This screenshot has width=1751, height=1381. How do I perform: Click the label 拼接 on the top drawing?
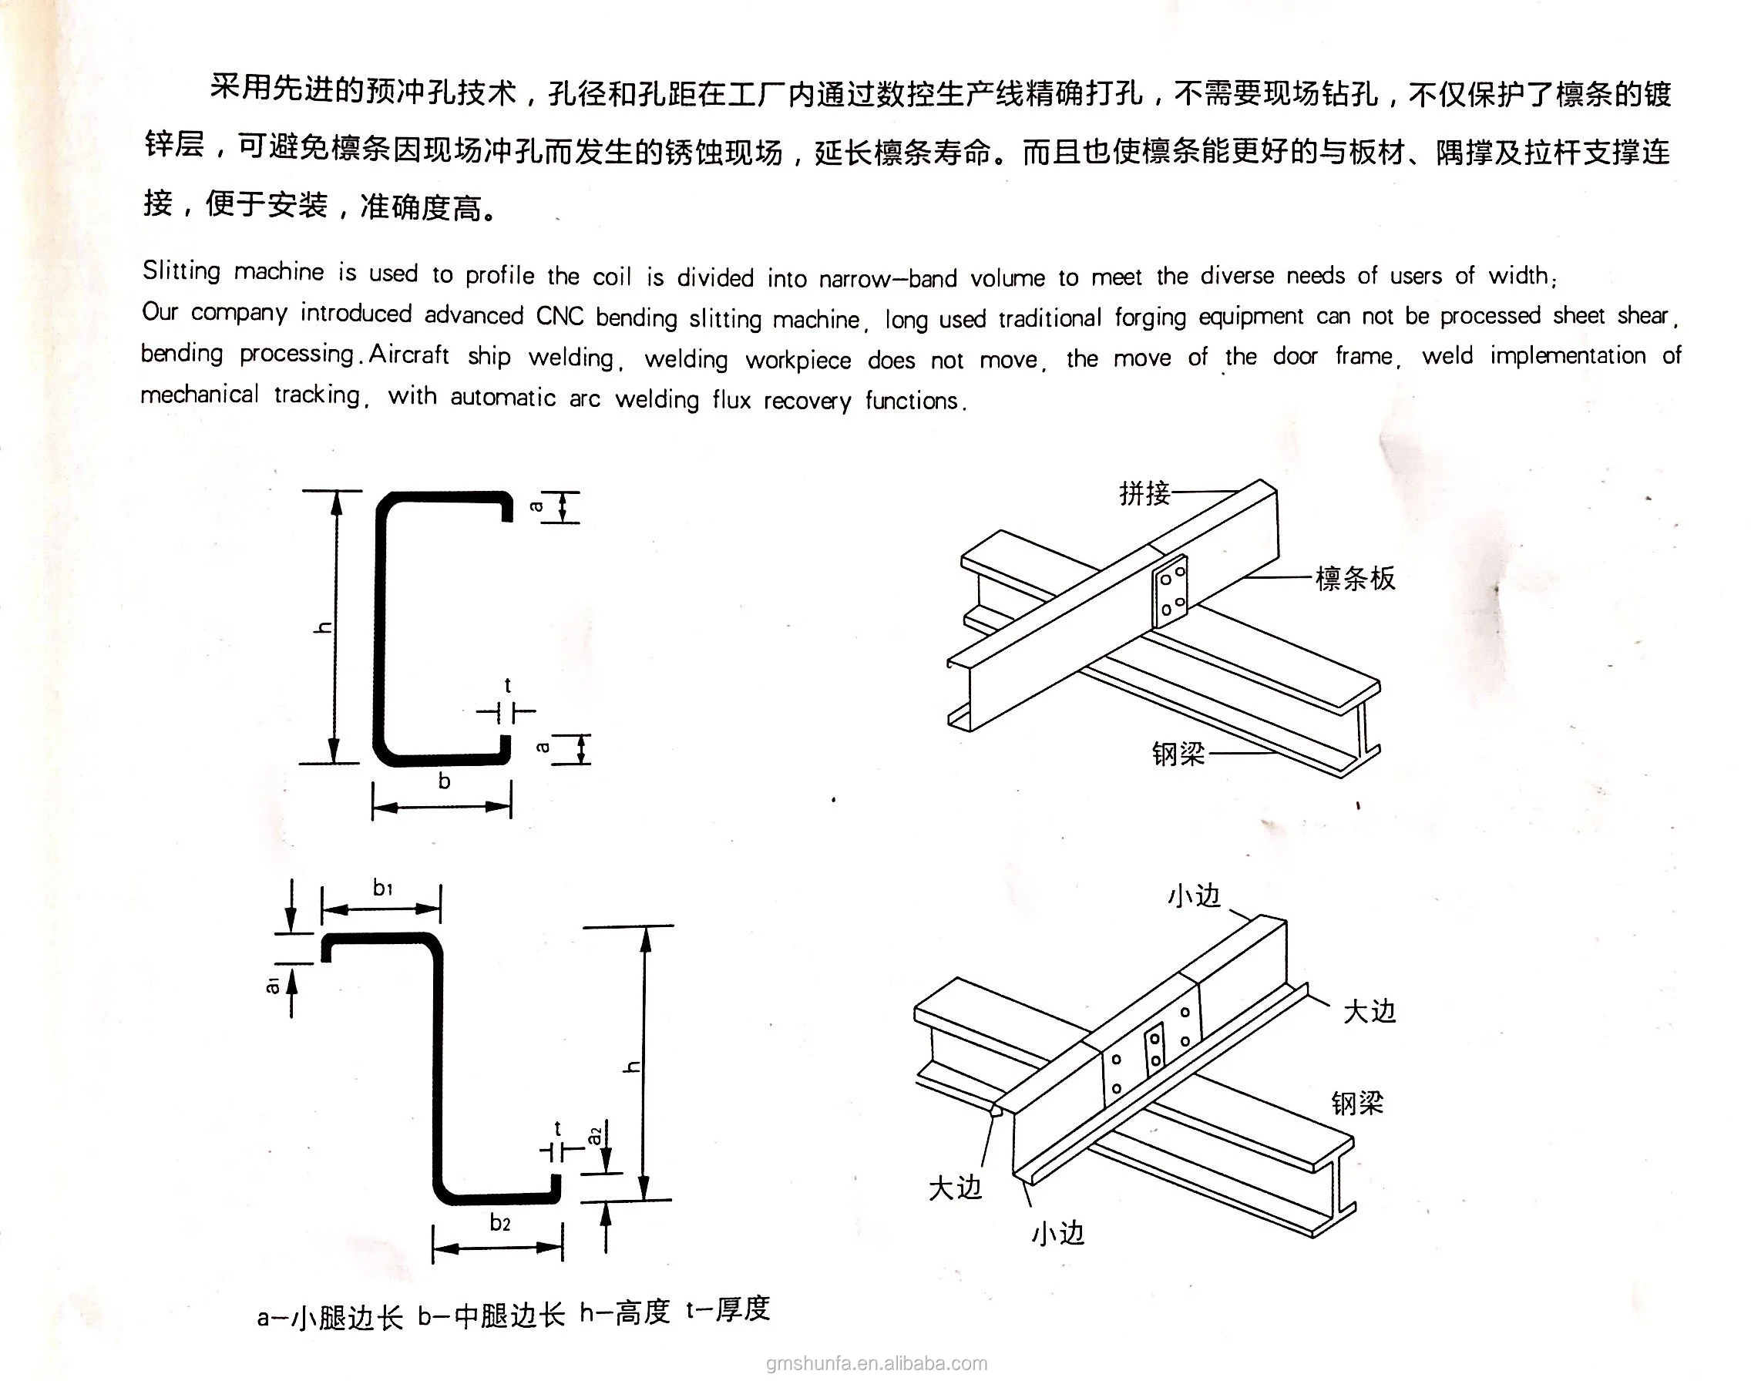click(1144, 492)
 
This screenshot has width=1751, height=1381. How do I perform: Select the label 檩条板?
click(1355, 579)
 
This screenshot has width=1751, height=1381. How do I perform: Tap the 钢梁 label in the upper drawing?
click(1178, 754)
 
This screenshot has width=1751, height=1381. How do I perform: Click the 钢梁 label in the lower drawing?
click(1357, 1103)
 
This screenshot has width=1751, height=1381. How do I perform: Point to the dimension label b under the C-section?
click(444, 781)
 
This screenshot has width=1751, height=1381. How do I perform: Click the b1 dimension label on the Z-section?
click(382, 888)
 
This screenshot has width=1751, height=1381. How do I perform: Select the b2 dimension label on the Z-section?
click(499, 1222)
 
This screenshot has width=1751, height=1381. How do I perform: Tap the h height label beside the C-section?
click(323, 627)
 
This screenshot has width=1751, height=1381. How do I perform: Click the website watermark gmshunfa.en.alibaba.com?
click(876, 1364)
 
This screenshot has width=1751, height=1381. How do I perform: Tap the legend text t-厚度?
click(728, 1309)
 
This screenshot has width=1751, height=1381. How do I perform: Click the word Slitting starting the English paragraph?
click(181, 270)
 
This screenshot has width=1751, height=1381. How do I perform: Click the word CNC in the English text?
click(560, 315)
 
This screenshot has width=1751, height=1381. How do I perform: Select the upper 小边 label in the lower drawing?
click(1193, 895)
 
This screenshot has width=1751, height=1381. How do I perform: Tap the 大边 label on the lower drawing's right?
click(1370, 1012)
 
